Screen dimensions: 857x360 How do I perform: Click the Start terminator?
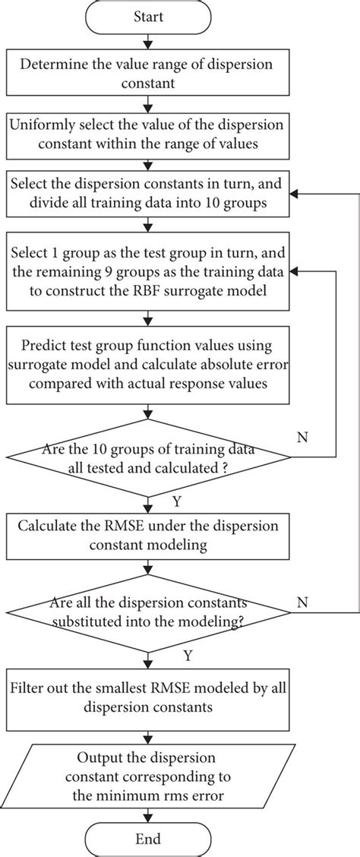149,17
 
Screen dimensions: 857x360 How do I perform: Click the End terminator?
149,839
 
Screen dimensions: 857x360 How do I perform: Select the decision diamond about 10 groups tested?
149,457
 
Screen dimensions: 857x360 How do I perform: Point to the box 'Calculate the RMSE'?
149,533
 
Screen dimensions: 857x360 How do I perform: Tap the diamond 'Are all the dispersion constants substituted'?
149,610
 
